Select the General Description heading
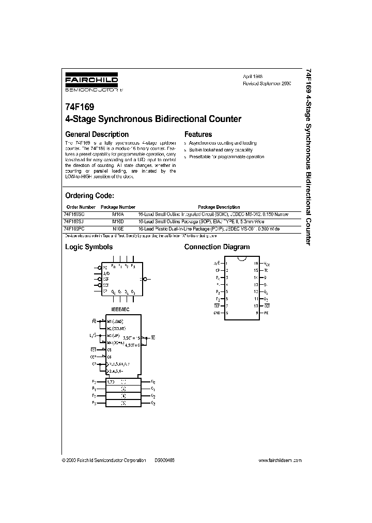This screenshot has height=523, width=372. coord(97,134)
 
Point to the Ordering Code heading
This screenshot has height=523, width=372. coord(89,196)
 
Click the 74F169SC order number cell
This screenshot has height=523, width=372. coord(75,214)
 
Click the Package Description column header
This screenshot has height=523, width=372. coord(219,207)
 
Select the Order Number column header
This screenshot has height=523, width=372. coord(80,207)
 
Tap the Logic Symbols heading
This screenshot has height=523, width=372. coord(88,247)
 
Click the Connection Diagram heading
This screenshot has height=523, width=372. coord(217,247)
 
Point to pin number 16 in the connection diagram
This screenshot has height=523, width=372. coord(255,263)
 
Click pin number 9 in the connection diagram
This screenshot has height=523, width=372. coord(256,313)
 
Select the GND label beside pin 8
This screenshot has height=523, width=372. coord(217,313)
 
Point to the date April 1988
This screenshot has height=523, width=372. coord(253,76)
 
